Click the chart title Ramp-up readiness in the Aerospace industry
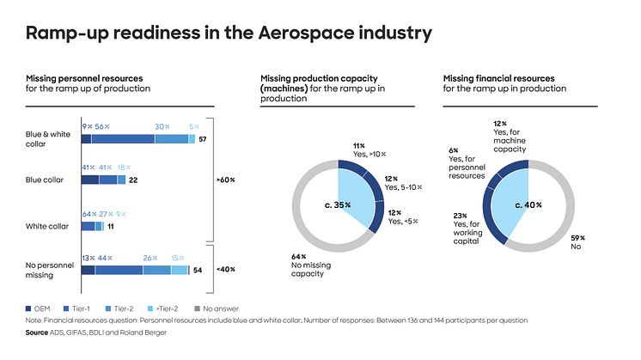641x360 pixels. pyautogui.click(x=228, y=34)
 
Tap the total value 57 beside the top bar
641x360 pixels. pyautogui.click(x=204, y=138)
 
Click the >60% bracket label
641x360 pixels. pyautogui.click(x=225, y=180)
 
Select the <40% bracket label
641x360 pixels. pyautogui.click(x=225, y=270)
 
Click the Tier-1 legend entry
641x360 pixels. pyautogui.click(x=88, y=307)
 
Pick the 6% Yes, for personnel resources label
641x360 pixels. pyautogui.click(x=467, y=162)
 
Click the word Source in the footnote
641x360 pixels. pyautogui.click(x=36, y=331)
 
